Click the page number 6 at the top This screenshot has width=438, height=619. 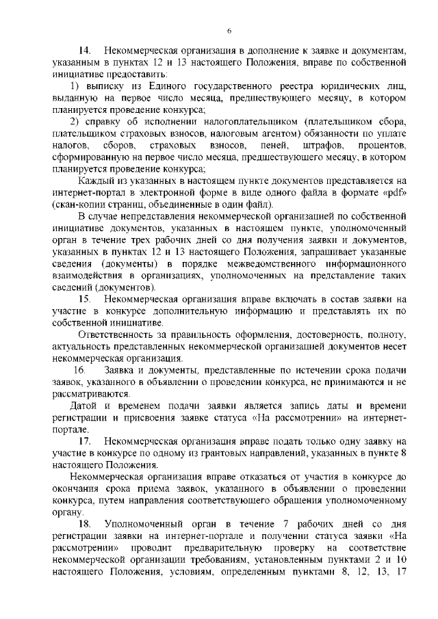tap(230, 31)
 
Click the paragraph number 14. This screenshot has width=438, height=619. tap(85, 51)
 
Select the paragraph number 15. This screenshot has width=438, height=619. tap(85, 300)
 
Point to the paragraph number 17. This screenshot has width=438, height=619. tap(85, 441)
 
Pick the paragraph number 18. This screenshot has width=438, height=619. tap(85, 523)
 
